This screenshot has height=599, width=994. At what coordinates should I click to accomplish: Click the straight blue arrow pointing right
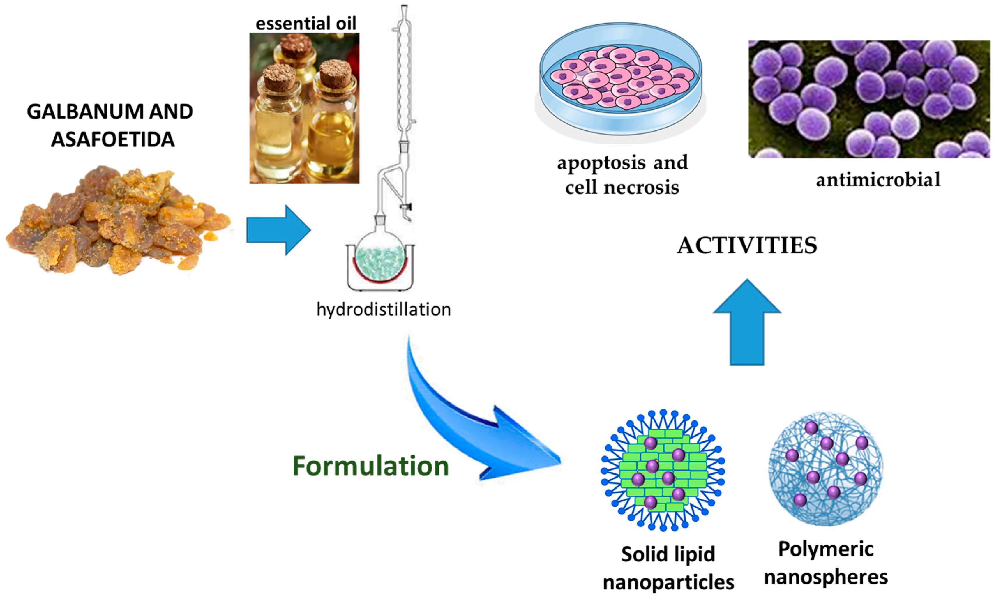tap(278, 230)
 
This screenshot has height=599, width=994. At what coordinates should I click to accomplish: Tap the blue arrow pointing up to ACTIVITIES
tap(747, 323)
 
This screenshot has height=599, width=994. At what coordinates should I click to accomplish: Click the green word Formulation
tap(370, 466)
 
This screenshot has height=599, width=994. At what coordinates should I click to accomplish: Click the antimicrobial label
tap(878, 179)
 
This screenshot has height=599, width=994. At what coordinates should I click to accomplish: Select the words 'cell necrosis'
tap(622, 188)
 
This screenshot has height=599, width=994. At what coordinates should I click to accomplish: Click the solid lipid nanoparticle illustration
tap(663, 470)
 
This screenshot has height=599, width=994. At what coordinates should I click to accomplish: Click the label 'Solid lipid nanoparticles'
tap(668, 568)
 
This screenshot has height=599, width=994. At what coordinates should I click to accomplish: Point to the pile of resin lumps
tap(117, 220)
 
